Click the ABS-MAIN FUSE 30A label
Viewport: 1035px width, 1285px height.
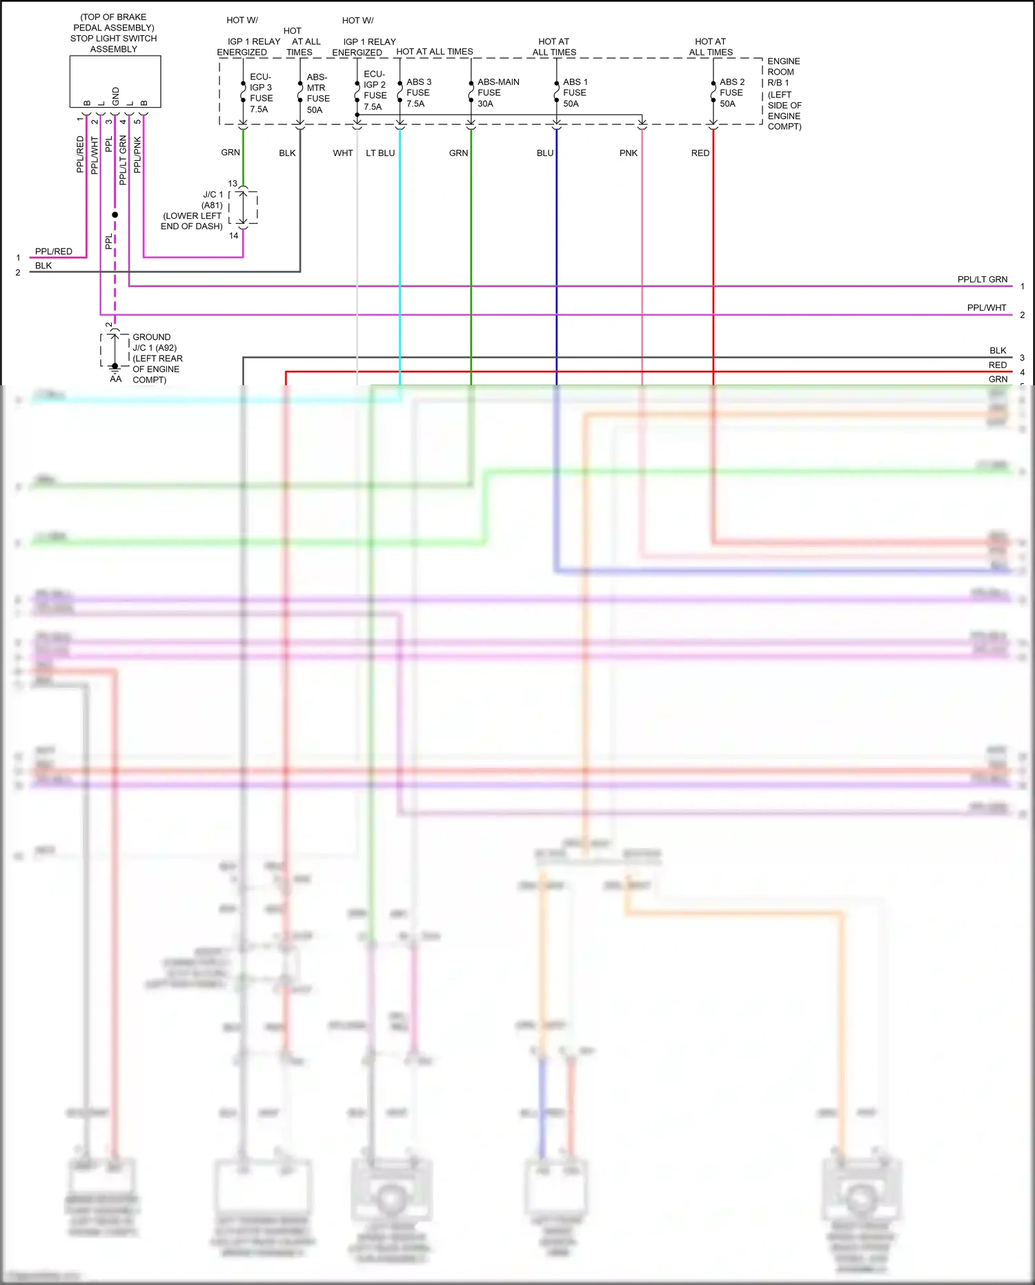pyautogui.click(x=497, y=93)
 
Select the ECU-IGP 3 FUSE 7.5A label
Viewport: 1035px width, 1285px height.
pyautogui.click(x=261, y=93)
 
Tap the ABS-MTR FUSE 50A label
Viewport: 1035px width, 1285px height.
pyautogui.click(x=317, y=93)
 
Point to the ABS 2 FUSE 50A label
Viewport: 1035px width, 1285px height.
pyautogui.click(x=731, y=93)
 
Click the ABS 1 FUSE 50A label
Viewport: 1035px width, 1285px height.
pyautogui.click(x=575, y=93)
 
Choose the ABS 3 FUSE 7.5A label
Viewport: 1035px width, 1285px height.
pyautogui.click(x=418, y=93)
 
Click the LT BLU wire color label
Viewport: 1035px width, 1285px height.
pyautogui.click(x=380, y=153)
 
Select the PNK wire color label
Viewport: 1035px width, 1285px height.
pyautogui.click(x=628, y=153)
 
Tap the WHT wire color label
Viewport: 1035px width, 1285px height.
pyautogui.click(x=342, y=153)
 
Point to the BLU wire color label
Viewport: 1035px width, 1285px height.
pyautogui.click(x=545, y=153)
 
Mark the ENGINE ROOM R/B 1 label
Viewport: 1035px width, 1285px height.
pyautogui.click(x=784, y=94)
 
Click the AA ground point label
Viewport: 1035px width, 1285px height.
pyautogui.click(x=115, y=379)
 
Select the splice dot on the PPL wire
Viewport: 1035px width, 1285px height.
pyautogui.click(x=115, y=215)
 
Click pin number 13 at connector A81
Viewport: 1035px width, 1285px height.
pyautogui.click(x=233, y=184)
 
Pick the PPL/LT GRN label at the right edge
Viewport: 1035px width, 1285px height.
pyautogui.click(x=982, y=280)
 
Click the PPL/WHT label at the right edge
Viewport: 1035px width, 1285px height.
pyautogui.click(x=986, y=308)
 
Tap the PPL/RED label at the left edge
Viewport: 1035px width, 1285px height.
pyautogui.click(x=54, y=251)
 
